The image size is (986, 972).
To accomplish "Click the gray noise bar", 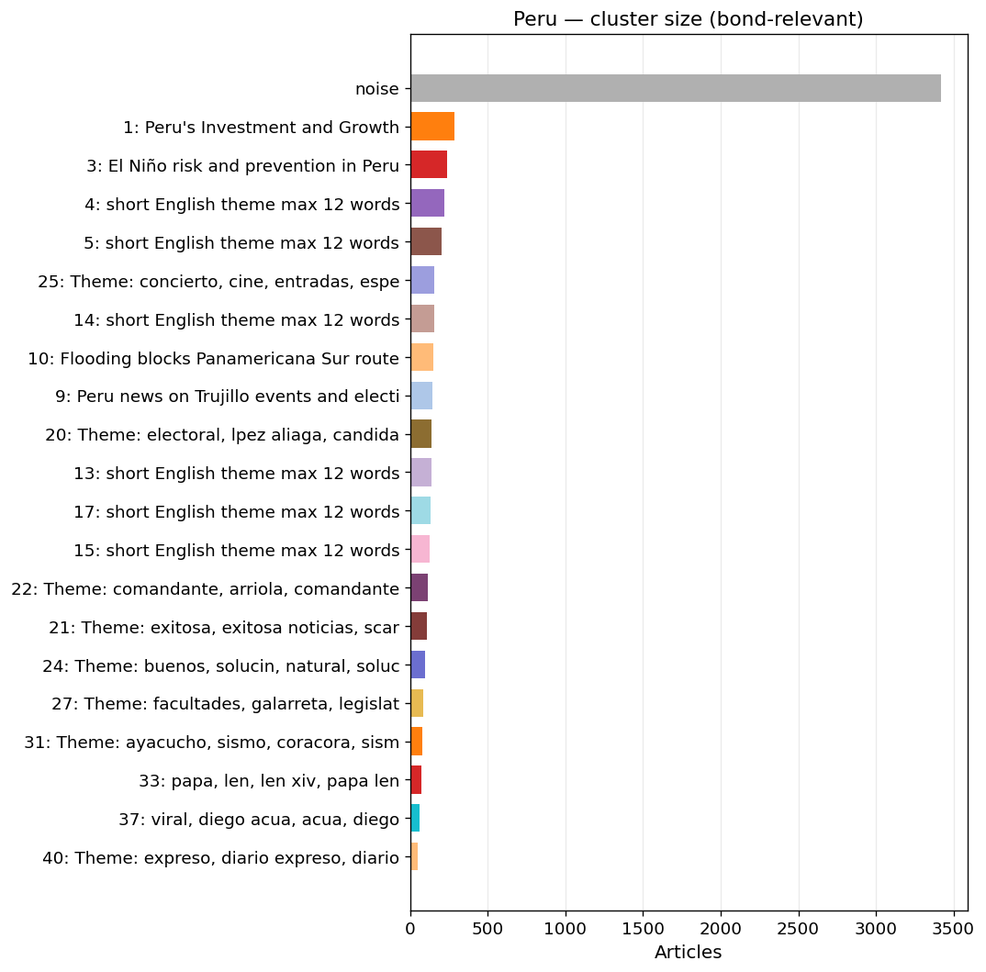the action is (x=676, y=88).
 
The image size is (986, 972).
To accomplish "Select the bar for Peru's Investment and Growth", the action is (x=432, y=127).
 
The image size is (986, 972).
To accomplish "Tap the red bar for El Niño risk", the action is (x=429, y=164).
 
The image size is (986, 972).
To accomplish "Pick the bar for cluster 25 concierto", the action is (x=422, y=281).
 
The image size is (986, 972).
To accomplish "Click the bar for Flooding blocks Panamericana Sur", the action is (x=422, y=357).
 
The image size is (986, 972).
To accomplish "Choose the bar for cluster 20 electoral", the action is (x=420, y=434).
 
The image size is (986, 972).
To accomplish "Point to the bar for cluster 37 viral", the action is (x=415, y=819).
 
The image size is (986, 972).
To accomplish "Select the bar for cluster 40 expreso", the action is (x=414, y=857).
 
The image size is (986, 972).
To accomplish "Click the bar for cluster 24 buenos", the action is (x=418, y=665).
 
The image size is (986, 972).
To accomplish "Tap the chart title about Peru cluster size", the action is (x=688, y=19).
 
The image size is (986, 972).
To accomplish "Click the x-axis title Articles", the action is (x=688, y=952).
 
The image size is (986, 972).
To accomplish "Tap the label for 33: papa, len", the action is (x=269, y=781).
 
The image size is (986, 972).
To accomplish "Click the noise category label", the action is (x=377, y=89).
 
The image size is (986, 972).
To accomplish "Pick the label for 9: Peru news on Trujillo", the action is (x=228, y=397).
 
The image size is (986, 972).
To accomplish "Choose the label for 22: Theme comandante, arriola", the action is (x=206, y=588).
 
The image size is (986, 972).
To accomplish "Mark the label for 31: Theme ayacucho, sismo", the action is (x=212, y=743).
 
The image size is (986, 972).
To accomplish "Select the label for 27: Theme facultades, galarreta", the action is (x=226, y=704).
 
